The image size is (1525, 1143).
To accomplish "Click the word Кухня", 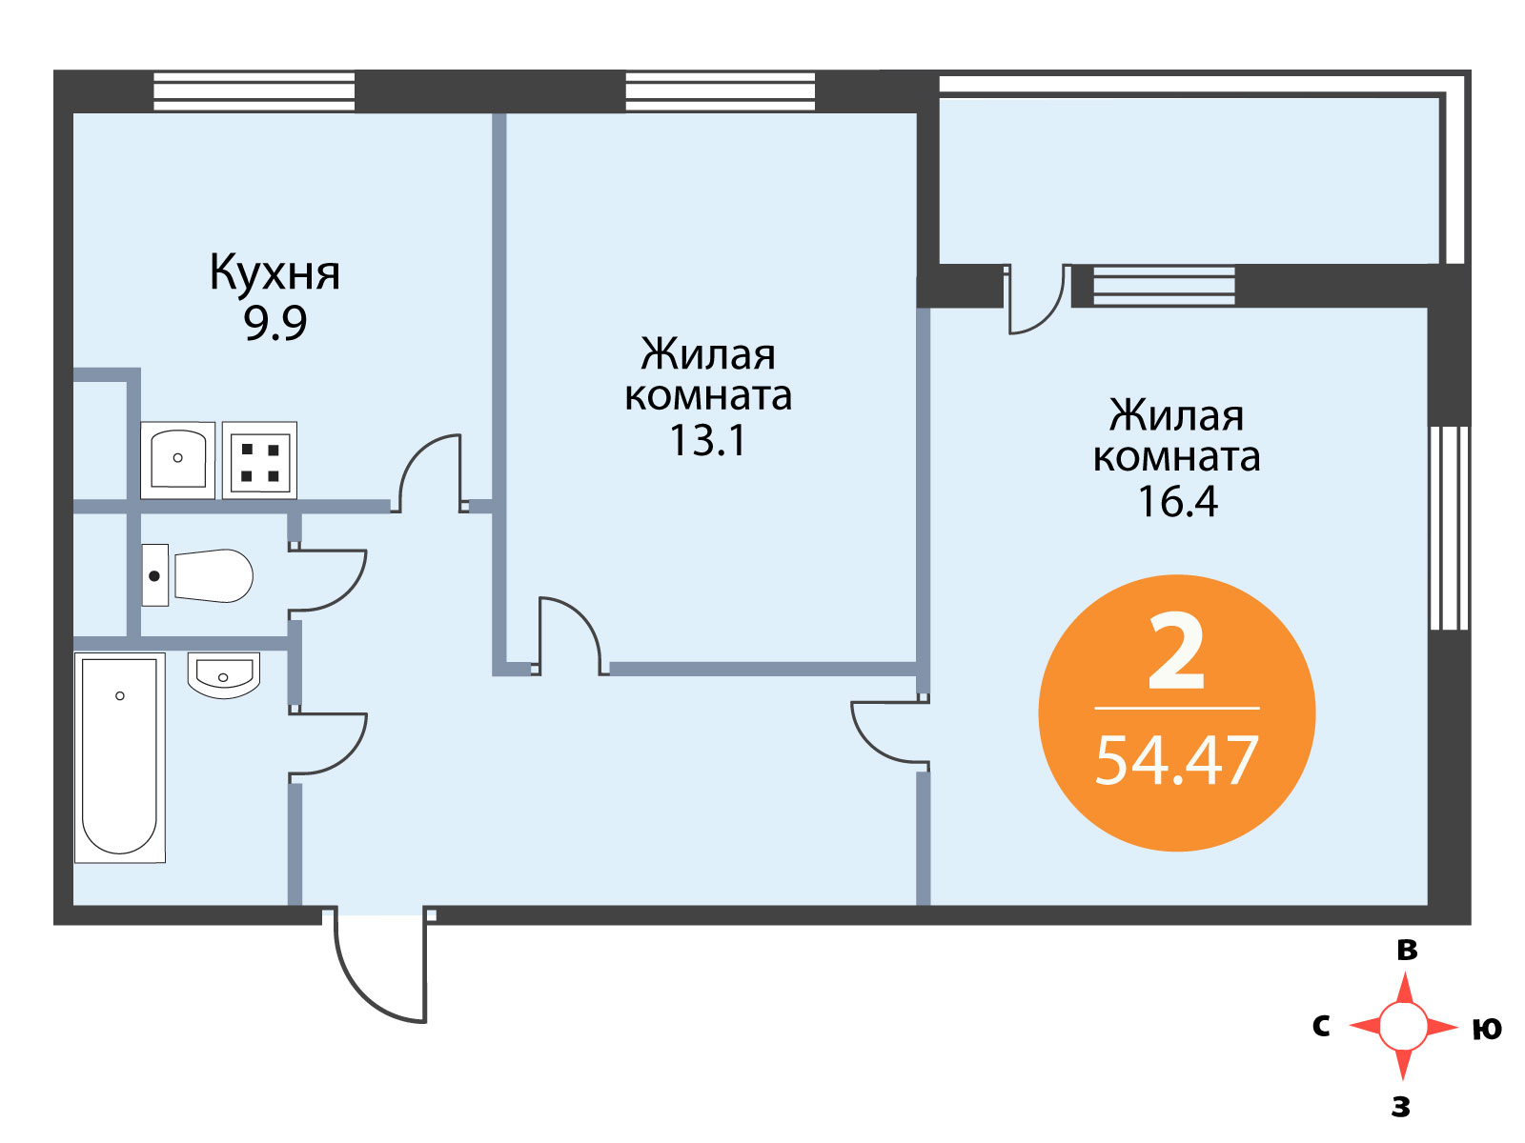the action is coord(274,273).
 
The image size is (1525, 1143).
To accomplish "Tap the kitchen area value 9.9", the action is coord(274,322).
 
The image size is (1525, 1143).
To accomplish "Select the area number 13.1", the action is coord(707,440).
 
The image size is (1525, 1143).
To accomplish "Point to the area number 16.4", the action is coord(1177,501).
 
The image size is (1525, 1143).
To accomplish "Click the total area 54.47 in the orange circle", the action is coord(1176,761).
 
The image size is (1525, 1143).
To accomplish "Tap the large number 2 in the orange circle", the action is coord(1176,650).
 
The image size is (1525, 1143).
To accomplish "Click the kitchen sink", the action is coord(178,459).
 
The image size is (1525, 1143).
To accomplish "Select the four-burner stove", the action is coord(260,459).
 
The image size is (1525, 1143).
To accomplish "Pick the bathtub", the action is coord(119,757).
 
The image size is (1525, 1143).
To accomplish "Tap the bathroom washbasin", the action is coord(223,673).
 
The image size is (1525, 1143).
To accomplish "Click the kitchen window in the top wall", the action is coord(254,91).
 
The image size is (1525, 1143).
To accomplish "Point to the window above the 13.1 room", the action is coord(720,91).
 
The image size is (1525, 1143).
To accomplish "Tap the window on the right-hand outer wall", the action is coord(1449,528).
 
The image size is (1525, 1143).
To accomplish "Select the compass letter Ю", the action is coord(1487,1030).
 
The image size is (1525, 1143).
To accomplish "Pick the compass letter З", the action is coord(1401,1108).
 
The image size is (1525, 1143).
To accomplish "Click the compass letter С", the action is coord(1321,1026).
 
